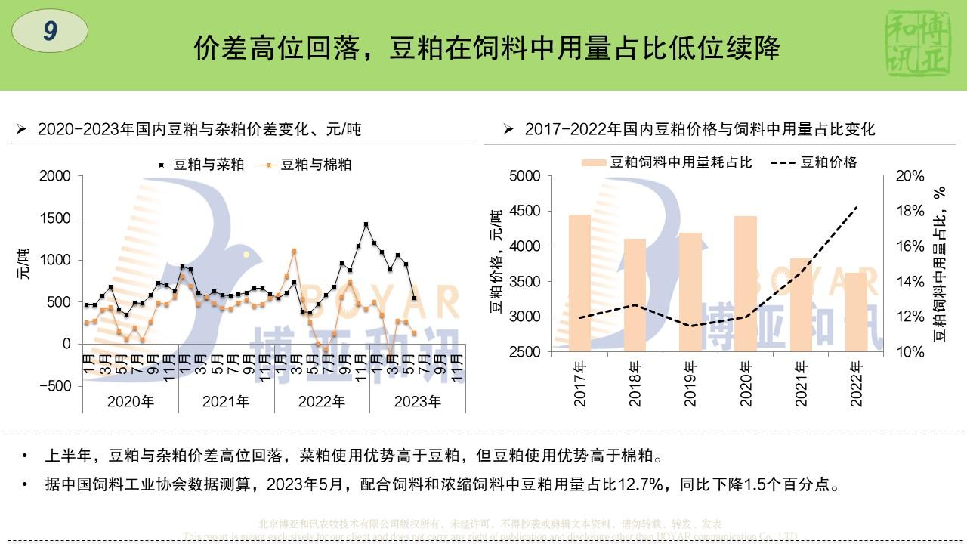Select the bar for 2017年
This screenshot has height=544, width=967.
pyautogui.click(x=579, y=283)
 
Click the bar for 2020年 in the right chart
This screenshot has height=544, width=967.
pyautogui.click(x=746, y=283)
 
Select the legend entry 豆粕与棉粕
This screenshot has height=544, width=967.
pyautogui.click(x=305, y=164)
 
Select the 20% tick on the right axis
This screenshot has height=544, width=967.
pyautogui.click(x=910, y=176)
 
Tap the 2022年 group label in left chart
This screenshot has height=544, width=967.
pyautogui.click(x=321, y=402)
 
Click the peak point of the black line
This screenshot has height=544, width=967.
pyautogui.click(x=366, y=224)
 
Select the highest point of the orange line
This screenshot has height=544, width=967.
pyautogui.click(x=294, y=251)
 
